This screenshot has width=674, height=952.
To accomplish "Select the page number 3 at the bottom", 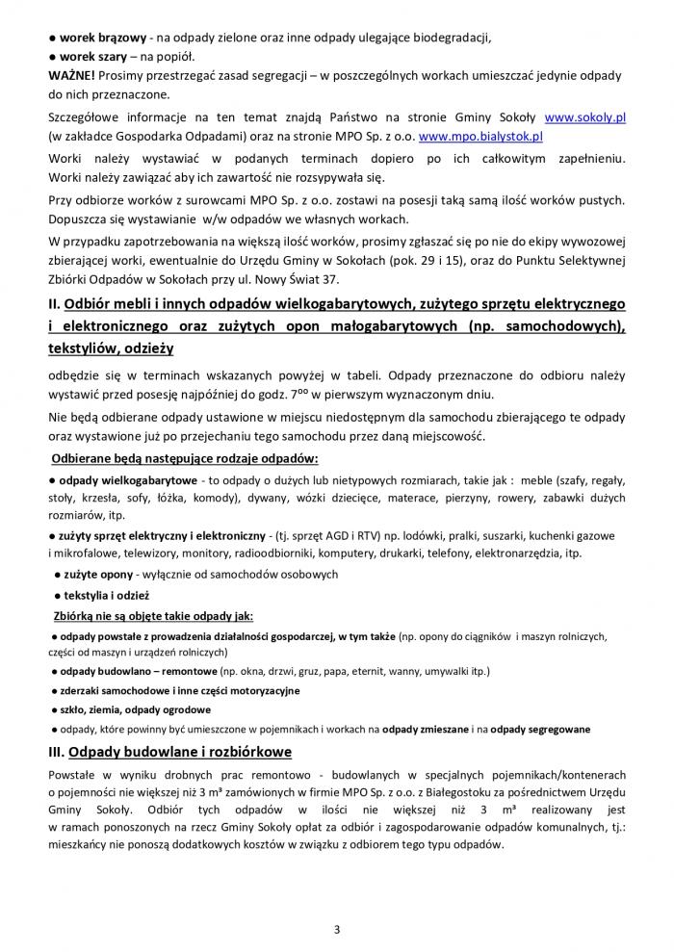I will (337, 929).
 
